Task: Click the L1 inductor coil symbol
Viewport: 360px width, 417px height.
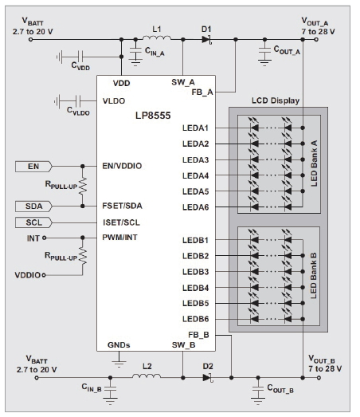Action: click(x=157, y=37)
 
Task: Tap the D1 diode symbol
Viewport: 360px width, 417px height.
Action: click(x=207, y=40)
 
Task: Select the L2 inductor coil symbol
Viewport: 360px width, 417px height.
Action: click(x=147, y=376)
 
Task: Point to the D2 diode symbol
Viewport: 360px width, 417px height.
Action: click(x=207, y=377)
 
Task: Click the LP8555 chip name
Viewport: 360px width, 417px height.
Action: click(x=153, y=116)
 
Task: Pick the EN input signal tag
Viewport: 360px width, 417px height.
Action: click(x=33, y=167)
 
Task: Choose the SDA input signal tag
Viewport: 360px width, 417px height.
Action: click(x=33, y=207)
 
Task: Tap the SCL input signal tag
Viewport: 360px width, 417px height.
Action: click(x=33, y=222)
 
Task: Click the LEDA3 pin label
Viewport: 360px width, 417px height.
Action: click(x=196, y=160)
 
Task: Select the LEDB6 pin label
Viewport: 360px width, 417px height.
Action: click(x=196, y=319)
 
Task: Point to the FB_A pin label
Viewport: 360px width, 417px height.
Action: click(x=202, y=92)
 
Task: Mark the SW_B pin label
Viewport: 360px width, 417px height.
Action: click(x=183, y=345)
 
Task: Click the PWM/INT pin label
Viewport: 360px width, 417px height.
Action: click(x=119, y=238)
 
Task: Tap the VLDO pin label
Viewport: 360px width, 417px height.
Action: click(x=114, y=101)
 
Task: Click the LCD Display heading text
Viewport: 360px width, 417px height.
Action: click(x=276, y=100)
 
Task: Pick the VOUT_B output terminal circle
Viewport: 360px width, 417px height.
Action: click(x=319, y=378)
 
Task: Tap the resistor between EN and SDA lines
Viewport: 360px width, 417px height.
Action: click(x=83, y=185)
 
